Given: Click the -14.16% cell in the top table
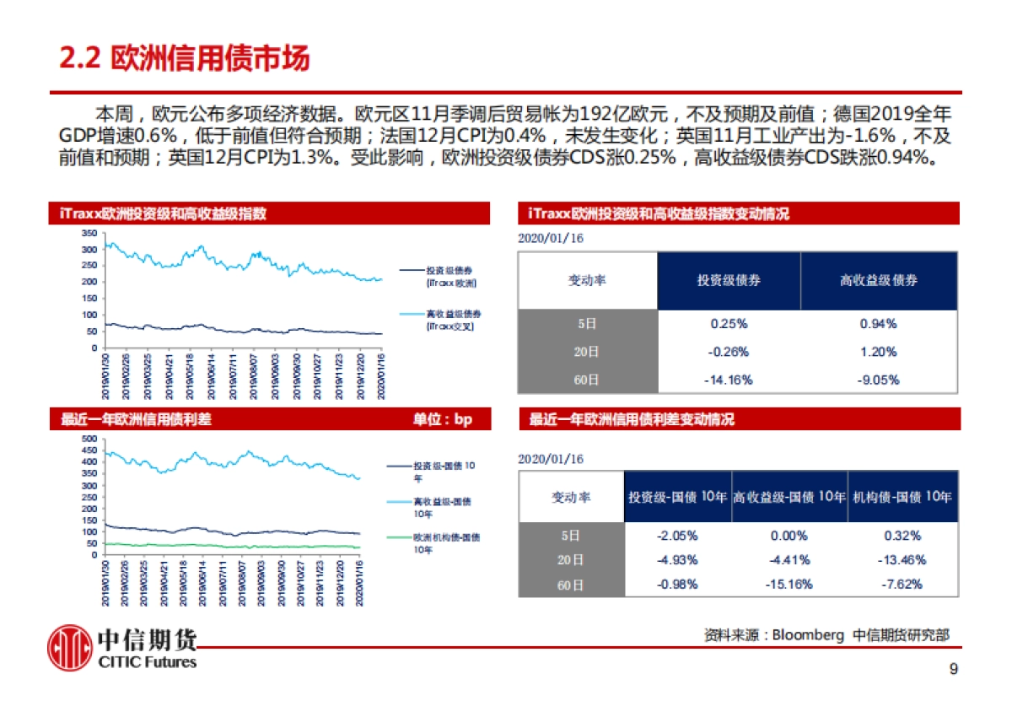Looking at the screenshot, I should click(728, 380).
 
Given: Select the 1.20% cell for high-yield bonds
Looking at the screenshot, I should click(878, 352).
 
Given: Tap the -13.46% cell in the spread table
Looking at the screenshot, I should click(902, 559).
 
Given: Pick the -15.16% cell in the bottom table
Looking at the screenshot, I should click(791, 584).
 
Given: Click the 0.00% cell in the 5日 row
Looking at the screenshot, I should click(791, 536).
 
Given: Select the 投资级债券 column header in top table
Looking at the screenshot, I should click(728, 280).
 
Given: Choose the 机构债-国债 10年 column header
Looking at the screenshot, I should click(902, 497).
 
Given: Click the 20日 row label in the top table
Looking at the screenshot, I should click(587, 352).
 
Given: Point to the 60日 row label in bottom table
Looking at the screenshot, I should click(571, 584).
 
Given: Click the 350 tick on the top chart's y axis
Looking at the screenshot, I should click(89, 233).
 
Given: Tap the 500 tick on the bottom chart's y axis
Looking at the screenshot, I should click(89, 439).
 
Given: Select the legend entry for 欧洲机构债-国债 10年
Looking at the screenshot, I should click(437, 542).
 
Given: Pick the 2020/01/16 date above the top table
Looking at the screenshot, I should click(550, 239).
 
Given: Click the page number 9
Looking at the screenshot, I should click(953, 670).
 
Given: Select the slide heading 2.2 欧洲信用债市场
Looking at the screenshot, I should click(185, 58).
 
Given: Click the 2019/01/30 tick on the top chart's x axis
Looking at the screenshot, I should click(106, 372).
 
